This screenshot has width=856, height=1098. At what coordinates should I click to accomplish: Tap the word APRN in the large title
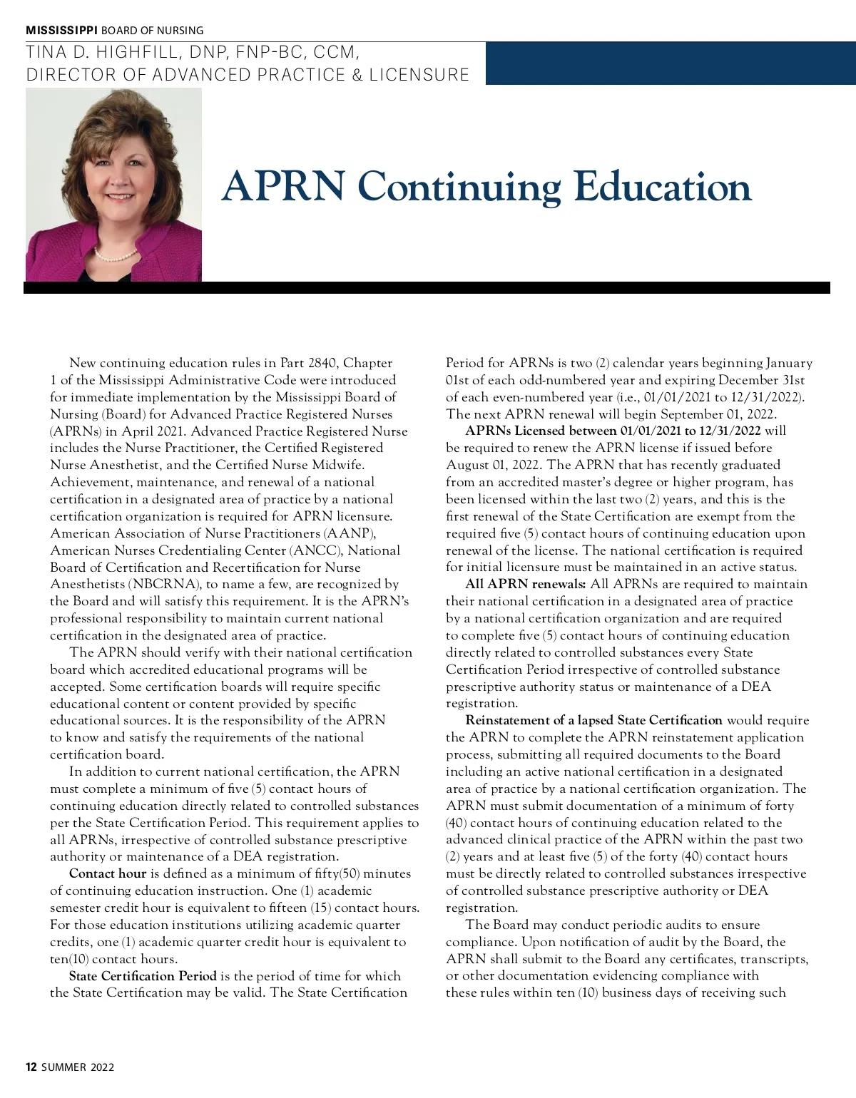click(x=283, y=187)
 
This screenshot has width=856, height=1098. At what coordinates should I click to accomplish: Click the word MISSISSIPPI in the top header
click(x=62, y=30)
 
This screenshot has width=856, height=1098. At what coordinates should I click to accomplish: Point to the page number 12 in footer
click(x=31, y=1067)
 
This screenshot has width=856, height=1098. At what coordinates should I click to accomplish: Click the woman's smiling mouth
click(x=118, y=197)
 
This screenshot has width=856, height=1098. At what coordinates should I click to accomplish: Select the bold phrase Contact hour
click(x=108, y=873)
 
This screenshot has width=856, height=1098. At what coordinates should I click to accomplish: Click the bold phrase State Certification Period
click(x=143, y=976)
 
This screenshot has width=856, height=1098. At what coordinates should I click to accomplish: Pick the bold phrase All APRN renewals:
click(x=526, y=584)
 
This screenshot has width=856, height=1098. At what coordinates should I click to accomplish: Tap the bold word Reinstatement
click(x=509, y=720)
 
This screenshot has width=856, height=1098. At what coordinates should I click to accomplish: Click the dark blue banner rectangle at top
click(x=671, y=63)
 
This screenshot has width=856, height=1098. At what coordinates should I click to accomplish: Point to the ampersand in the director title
click(x=357, y=75)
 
